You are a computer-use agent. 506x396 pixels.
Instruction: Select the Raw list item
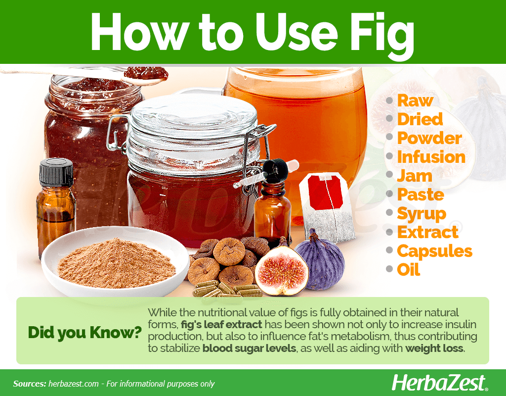pyautogui.click(x=415, y=100)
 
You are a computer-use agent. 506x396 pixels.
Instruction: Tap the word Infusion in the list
pyautogui.click(x=431, y=157)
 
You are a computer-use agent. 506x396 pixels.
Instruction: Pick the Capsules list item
pyautogui.click(x=435, y=251)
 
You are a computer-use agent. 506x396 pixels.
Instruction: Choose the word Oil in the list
pyautogui.click(x=409, y=270)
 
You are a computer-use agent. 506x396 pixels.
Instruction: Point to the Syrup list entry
pyautogui.click(x=422, y=214)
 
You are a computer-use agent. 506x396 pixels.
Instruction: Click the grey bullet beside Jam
pyautogui.click(x=389, y=176)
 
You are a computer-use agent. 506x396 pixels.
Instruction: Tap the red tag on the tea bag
pyautogui.click(x=325, y=192)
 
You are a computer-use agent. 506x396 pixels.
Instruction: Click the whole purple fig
pyautogui.click(x=321, y=260)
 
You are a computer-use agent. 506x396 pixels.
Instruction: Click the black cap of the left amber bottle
pyautogui.click(x=56, y=173)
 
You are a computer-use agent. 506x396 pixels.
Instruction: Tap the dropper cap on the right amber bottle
pyautogui.click(x=275, y=171)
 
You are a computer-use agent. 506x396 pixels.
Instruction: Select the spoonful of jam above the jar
pyautogui.click(x=146, y=74)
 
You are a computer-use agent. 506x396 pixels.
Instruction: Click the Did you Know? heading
pyautogui.click(x=85, y=332)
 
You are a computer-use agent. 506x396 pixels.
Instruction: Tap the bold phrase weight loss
pyautogui.click(x=434, y=348)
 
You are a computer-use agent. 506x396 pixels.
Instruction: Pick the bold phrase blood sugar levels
pyautogui.click(x=249, y=348)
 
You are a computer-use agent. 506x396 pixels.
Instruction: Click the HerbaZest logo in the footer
pyautogui.click(x=439, y=383)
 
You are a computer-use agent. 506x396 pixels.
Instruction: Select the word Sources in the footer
pyautogui.click(x=29, y=384)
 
